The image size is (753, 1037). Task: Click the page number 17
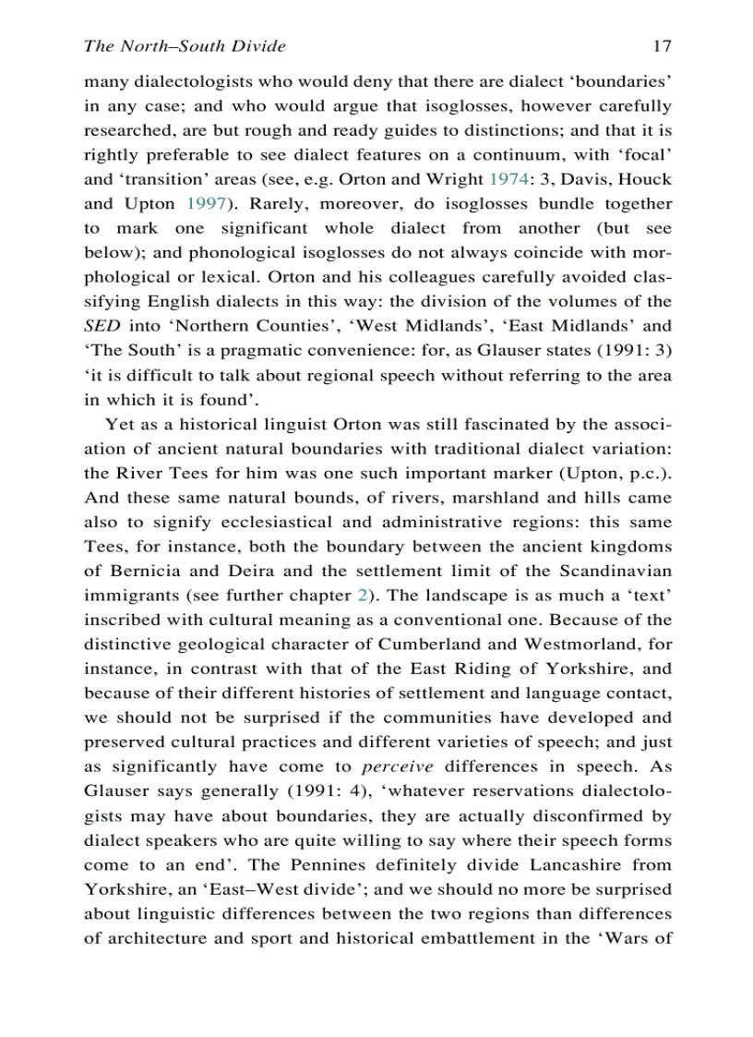click(661, 45)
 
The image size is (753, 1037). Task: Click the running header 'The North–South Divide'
click(185, 45)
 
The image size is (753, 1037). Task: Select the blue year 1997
click(196, 203)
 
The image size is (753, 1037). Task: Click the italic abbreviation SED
click(100, 325)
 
